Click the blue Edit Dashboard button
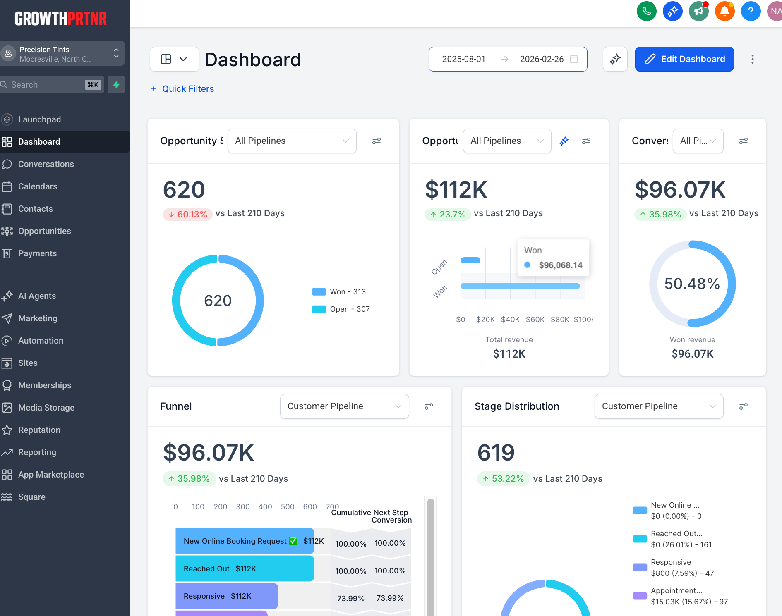point(684,59)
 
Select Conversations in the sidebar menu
point(46,164)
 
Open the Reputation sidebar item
point(39,430)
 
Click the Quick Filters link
point(188,89)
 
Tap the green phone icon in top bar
point(646,11)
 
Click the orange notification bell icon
point(724,11)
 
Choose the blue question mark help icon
point(751,11)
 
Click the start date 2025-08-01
point(463,59)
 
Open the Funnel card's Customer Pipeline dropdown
point(344,406)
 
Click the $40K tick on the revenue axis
point(510,320)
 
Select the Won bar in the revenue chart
point(520,286)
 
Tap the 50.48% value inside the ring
point(692,284)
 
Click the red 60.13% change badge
point(188,214)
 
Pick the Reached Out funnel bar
point(245,569)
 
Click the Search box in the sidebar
point(48,85)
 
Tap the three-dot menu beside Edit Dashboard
point(753,59)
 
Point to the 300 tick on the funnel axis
point(243,507)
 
